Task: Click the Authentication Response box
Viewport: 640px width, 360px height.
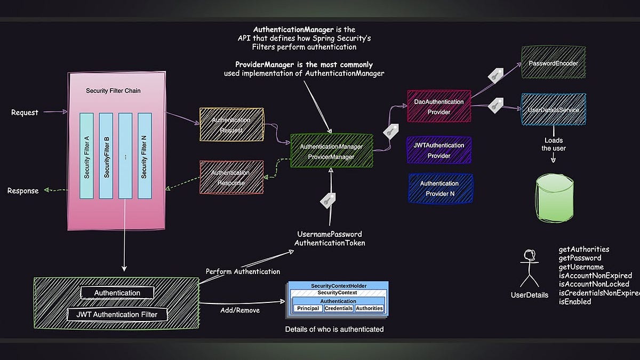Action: [x=230, y=178]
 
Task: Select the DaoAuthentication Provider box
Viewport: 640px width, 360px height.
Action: [x=439, y=107]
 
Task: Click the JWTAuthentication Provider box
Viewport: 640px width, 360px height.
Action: [x=439, y=150]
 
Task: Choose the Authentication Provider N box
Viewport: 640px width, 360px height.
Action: [x=440, y=188]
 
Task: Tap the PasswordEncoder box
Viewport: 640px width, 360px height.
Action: [x=553, y=63]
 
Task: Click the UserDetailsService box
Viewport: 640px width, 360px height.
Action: [x=553, y=110]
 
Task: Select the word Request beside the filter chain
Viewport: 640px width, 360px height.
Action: [x=25, y=113]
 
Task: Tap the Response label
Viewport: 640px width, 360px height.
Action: [x=23, y=191]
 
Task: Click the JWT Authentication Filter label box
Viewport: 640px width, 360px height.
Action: [x=117, y=314]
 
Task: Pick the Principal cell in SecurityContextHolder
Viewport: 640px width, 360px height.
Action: [x=308, y=308]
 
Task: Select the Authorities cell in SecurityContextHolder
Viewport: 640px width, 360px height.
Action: [x=369, y=308]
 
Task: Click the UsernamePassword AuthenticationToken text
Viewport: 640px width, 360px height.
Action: [x=329, y=238]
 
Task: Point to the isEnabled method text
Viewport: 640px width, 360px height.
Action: [x=574, y=301]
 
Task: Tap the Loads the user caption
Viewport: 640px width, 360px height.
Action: [x=553, y=145]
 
